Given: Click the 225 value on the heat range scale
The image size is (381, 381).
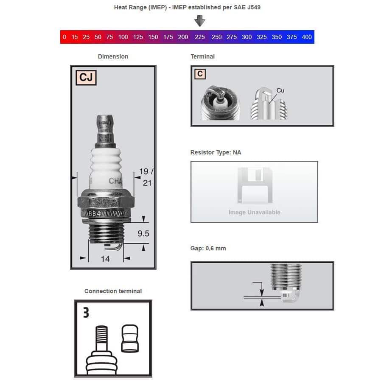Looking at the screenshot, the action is pyautogui.click(x=199, y=37).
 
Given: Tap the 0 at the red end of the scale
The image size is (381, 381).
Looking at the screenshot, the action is pyautogui.click(x=64, y=37).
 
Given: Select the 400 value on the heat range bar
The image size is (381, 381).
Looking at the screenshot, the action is pyautogui.click(x=307, y=37).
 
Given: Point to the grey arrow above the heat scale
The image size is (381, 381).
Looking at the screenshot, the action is pyautogui.click(x=200, y=21).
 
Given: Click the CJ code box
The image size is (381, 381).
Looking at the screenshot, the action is pyautogui.click(x=86, y=78).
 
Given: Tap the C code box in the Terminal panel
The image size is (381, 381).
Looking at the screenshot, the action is pyautogui.click(x=200, y=74).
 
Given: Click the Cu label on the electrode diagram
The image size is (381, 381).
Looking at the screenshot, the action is pyautogui.click(x=280, y=90).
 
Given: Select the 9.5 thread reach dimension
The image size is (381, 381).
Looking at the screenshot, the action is pyautogui.click(x=143, y=233).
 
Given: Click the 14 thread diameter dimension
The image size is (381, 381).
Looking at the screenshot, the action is pyautogui.click(x=105, y=259).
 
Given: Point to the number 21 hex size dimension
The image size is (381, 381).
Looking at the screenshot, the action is pyautogui.click(x=147, y=183).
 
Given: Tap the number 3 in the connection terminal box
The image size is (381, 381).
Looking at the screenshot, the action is pyautogui.click(x=86, y=313).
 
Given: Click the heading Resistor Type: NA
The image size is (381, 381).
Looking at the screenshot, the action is pyautogui.click(x=216, y=152).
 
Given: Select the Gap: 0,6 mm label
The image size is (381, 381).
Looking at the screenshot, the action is pyautogui.click(x=208, y=248).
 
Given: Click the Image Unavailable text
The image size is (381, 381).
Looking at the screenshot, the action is pyautogui.click(x=255, y=212).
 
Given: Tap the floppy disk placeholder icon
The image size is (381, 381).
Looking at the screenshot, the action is pyautogui.click(x=255, y=185).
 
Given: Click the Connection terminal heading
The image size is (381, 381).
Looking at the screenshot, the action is pyautogui.click(x=113, y=291).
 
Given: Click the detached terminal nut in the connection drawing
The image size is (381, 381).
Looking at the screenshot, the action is pyautogui.click(x=130, y=339).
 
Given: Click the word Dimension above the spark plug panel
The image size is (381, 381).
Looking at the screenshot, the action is pyautogui.click(x=113, y=56).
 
